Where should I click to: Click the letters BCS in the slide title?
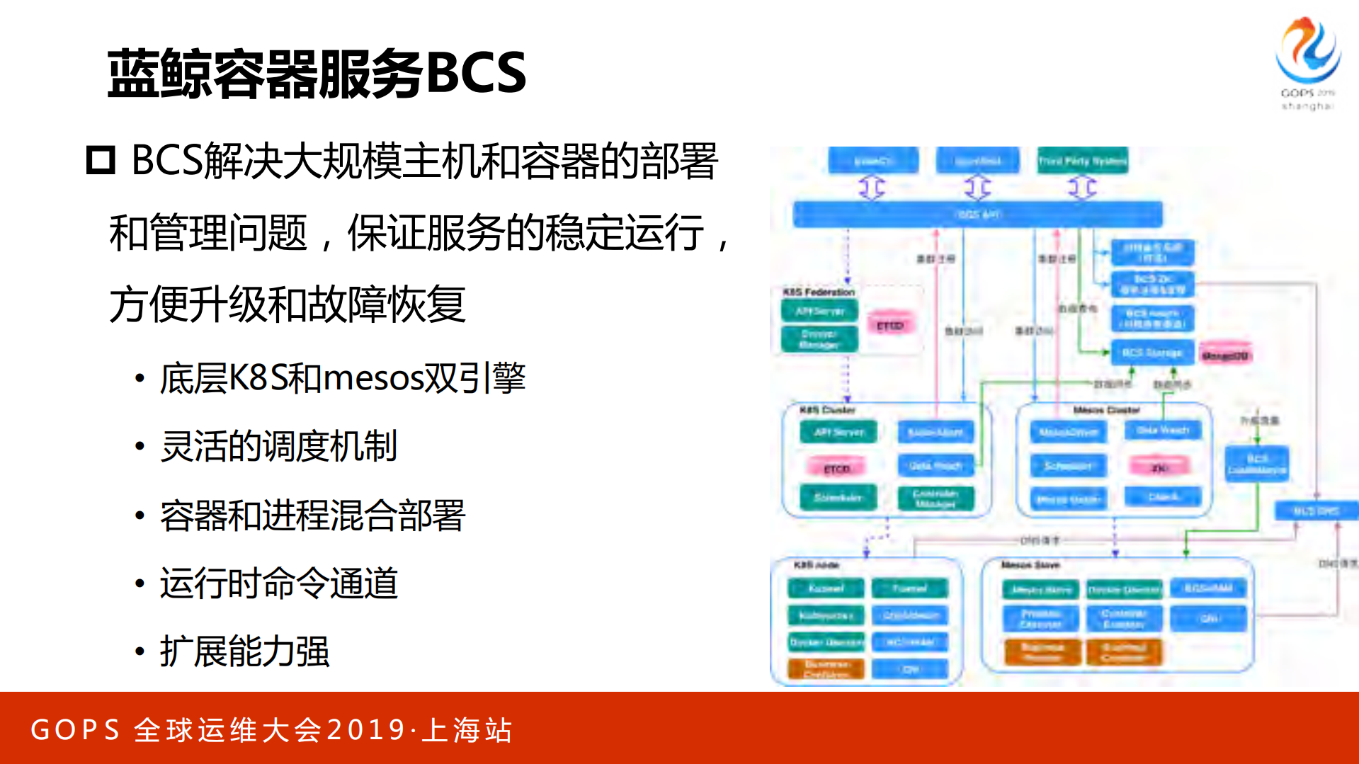pos(476,73)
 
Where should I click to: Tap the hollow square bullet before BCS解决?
pos(101,160)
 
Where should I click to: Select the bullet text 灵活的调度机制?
pos(278,447)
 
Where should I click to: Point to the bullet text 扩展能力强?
pos(244,651)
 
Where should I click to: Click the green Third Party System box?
pos(1081,161)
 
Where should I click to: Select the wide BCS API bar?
pos(977,214)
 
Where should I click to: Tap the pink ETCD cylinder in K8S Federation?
pos(890,324)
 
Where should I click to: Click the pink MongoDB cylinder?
pos(1224,355)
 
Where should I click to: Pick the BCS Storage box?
pos(1152,353)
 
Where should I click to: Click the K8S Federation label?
pos(819,292)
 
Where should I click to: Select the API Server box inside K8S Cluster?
pos(838,432)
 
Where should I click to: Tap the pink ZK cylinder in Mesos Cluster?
pos(1159,467)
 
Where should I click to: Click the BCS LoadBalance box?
pos(1257,464)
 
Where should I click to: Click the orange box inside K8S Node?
pos(826,668)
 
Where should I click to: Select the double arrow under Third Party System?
pos(1081,188)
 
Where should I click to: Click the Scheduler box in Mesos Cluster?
pos(1067,466)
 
